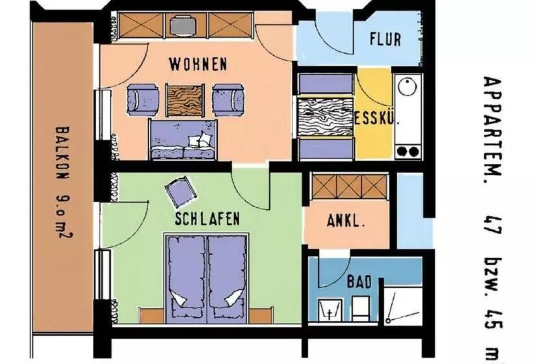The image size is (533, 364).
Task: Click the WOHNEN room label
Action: (x=198, y=64)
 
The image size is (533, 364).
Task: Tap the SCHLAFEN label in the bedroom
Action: (x=207, y=218)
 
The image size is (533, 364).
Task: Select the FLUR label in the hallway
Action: (x=385, y=39)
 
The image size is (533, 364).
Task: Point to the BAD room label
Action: (x=359, y=282)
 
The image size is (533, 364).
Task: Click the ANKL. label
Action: (x=346, y=221)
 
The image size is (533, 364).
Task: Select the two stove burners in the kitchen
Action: (x=408, y=151)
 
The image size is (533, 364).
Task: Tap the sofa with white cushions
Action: (x=183, y=139)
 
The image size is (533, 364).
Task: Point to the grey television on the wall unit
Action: (x=183, y=25)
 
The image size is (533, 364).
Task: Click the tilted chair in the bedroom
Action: (x=181, y=191)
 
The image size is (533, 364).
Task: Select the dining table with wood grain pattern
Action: (x=326, y=117)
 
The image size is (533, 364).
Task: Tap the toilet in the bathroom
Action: (x=360, y=308)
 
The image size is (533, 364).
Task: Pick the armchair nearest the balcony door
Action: (x=143, y=99)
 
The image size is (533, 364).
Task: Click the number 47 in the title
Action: (x=493, y=224)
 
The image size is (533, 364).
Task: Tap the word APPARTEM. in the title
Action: (x=493, y=125)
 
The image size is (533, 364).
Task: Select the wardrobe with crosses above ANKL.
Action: (x=350, y=187)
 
